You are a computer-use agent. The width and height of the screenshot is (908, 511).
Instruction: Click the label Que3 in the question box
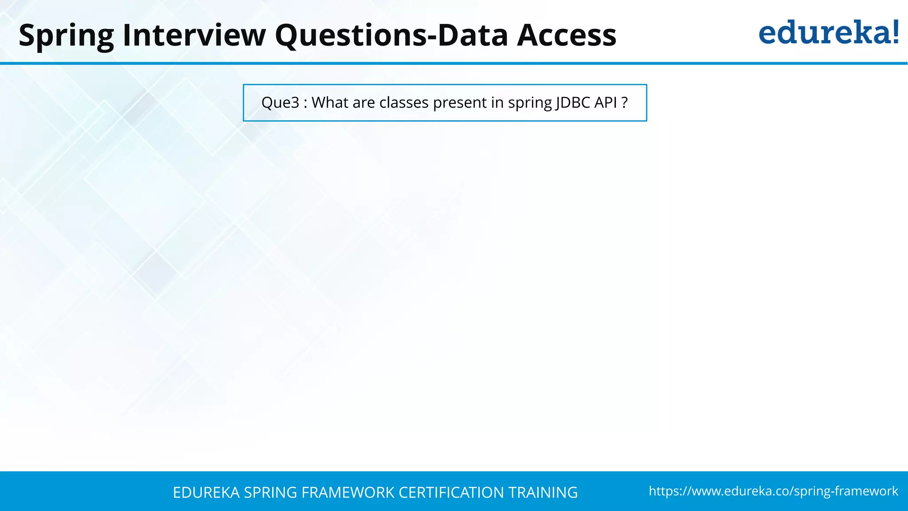(x=280, y=102)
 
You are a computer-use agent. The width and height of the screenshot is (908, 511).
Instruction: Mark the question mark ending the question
(x=625, y=102)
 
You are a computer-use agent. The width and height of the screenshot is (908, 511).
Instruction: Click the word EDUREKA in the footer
(x=206, y=492)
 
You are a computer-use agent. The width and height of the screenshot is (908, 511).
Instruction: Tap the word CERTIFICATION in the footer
(x=451, y=492)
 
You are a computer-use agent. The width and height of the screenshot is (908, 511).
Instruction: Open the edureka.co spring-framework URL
(x=773, y=491)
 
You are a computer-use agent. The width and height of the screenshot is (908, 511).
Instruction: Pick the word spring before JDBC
(x=530, y=103)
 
